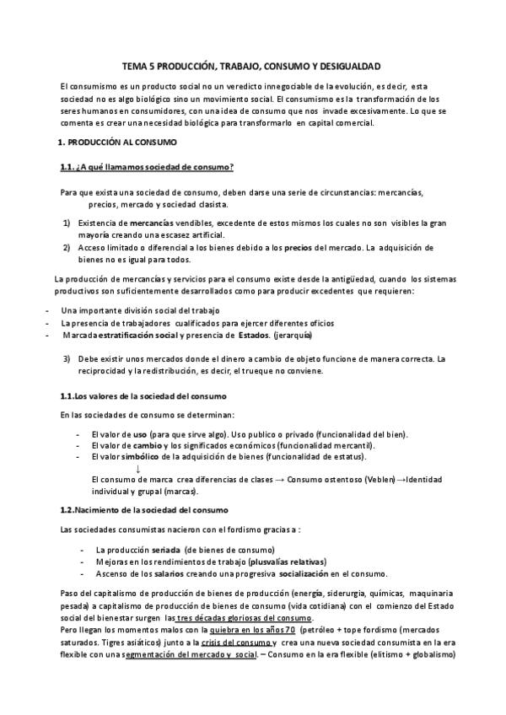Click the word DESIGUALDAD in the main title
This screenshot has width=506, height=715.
(347, 65)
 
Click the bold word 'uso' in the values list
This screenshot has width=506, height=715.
(150, 433)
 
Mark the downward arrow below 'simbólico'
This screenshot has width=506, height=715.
(138, 468)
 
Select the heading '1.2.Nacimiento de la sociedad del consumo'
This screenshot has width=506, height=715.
(144, 510)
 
